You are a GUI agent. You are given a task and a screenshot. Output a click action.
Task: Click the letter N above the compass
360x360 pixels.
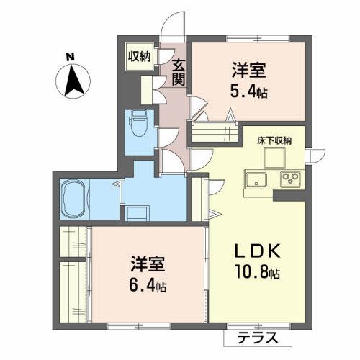pos(71,57)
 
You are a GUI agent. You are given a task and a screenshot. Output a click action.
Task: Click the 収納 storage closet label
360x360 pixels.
pos(139,57)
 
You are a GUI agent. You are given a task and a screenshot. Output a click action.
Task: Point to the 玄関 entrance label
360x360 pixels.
pos(179,72)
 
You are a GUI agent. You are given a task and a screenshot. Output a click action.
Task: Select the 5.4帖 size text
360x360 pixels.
pos(249,91)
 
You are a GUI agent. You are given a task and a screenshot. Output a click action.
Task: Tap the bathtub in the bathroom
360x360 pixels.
pos(74,199)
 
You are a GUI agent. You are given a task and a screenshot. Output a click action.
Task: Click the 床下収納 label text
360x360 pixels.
pos(274,140)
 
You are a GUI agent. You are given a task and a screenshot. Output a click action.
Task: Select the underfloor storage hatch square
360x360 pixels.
pos(274,158)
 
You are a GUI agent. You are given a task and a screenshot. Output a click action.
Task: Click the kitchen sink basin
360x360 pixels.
pos(256,179)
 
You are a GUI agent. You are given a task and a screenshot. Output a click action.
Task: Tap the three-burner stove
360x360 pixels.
pos(291,179)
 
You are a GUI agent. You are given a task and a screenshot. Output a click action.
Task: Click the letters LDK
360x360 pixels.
pos(258,251)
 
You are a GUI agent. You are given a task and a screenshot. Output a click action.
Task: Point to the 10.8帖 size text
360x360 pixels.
pos(258,272)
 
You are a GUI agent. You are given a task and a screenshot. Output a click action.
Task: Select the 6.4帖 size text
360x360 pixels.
pos(148,286)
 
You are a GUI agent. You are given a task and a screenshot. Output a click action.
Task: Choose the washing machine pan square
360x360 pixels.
pos(137,212)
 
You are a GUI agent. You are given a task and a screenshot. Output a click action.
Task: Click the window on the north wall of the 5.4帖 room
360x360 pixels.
pos(258,38)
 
